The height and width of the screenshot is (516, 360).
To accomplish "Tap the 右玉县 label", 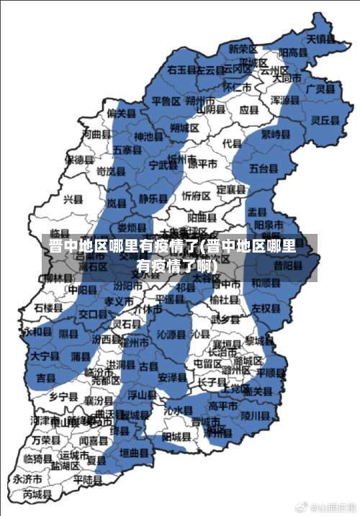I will click(x=181, y=70).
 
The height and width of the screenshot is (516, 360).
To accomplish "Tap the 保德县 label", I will click(x=79, y=159).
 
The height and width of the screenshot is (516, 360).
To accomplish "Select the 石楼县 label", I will click(x=48, y=308).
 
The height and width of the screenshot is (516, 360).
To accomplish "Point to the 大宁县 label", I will click(x=45, y=356).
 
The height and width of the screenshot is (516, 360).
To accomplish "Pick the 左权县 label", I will click(x=265, y=308).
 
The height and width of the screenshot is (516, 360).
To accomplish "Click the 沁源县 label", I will click(x=171, y=335).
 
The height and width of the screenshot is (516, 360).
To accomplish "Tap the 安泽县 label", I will click(x=172, y=377).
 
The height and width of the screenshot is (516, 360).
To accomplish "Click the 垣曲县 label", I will click(x=133, y=453).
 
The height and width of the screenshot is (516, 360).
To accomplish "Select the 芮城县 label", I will click(x=37, y=495).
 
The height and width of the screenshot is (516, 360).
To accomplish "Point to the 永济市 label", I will click(x=27, y=479).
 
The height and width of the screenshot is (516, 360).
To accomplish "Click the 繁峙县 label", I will click(x=275, y=134).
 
